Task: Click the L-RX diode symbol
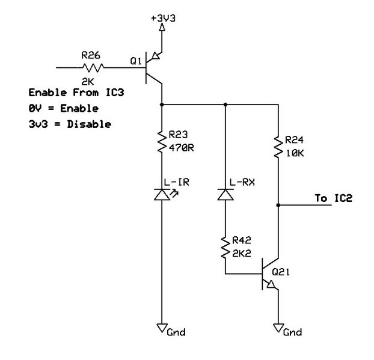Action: coord(225,195)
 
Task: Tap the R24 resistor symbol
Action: coord(278,147)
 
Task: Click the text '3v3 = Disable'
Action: coord(70,124)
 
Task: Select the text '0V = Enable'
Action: coord(64,109)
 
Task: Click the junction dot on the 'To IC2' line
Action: coord(278,205)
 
